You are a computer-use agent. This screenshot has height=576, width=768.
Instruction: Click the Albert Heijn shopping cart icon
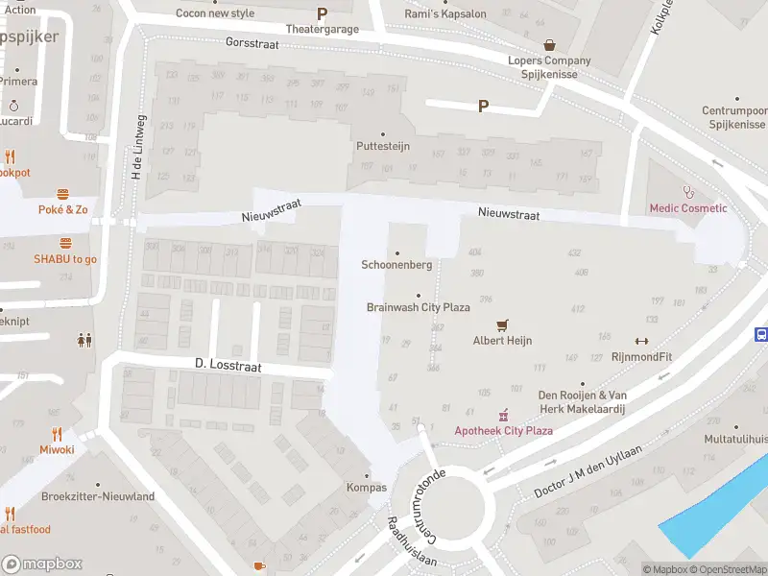[501, 325]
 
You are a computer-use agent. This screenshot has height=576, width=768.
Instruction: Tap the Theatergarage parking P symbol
[322, 14]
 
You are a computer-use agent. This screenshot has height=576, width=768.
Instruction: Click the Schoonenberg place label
[396, 265]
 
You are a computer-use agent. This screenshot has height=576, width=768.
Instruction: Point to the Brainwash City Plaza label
[418, 307]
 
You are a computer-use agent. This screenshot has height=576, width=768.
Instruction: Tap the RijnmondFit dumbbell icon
[641, 341]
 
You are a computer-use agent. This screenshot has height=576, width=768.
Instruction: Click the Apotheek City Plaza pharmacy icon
[502, 415]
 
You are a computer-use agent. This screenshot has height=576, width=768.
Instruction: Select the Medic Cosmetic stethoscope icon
[687, 192]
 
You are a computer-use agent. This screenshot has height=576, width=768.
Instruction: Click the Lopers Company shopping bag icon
[549, 45]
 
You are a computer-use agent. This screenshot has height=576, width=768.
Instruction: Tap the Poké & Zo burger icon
[63, 194]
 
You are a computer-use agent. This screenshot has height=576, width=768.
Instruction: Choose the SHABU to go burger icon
[65, 243]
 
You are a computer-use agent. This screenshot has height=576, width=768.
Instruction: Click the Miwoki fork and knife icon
[57, 434]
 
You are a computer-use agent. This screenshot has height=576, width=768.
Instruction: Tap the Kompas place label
[366, 487]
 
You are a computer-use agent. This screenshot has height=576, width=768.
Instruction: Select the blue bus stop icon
[761, 334]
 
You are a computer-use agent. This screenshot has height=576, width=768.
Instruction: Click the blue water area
[715, 514]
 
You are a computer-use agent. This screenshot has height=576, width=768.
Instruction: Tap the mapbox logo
[42, 564]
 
